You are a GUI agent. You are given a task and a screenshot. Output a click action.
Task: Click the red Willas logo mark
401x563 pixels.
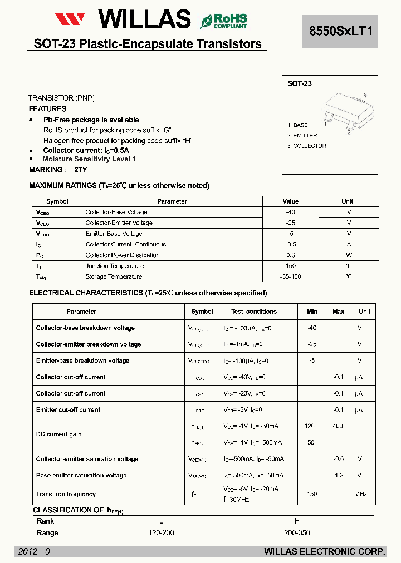coord(70,19)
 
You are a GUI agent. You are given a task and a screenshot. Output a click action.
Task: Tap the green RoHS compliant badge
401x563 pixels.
coord(224,21)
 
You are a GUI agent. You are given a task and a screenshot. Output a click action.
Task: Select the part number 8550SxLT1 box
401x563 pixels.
coord(340,32)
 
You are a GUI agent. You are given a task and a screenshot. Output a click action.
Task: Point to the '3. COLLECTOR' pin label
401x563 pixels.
coord(307,146)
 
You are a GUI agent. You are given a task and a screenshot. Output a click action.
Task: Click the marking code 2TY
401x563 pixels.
coord(80,170)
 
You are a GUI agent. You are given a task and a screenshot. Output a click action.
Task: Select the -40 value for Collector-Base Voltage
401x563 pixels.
coord(290,212)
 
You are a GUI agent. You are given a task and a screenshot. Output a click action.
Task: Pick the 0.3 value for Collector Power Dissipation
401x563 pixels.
coord(290,255)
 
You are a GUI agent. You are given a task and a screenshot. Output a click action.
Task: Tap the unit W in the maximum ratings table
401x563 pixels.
coord(349,255)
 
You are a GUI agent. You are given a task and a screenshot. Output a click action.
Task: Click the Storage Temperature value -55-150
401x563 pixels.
coord(290,276)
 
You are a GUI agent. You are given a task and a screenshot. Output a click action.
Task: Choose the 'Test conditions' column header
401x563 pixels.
coord(254,312)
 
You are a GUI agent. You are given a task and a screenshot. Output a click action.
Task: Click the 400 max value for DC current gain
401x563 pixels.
coord(338,426)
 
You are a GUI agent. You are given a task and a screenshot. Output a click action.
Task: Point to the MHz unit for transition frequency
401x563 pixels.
coord(360,494)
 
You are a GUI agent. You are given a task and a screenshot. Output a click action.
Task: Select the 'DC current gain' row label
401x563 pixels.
coord(60,434)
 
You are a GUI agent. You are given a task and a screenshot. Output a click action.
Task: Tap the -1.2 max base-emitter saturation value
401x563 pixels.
coord(338,475)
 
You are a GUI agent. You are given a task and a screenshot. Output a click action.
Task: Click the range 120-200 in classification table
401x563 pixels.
coord(162,532)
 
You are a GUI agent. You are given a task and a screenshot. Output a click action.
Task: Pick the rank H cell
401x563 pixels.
coord(297,521)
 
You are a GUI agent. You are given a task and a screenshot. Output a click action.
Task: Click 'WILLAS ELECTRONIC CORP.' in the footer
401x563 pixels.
coord(324,551)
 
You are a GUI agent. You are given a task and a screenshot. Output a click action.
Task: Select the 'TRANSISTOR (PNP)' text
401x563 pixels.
coord(61,98)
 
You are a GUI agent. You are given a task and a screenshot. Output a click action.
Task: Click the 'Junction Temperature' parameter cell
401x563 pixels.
coord(114,266)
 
